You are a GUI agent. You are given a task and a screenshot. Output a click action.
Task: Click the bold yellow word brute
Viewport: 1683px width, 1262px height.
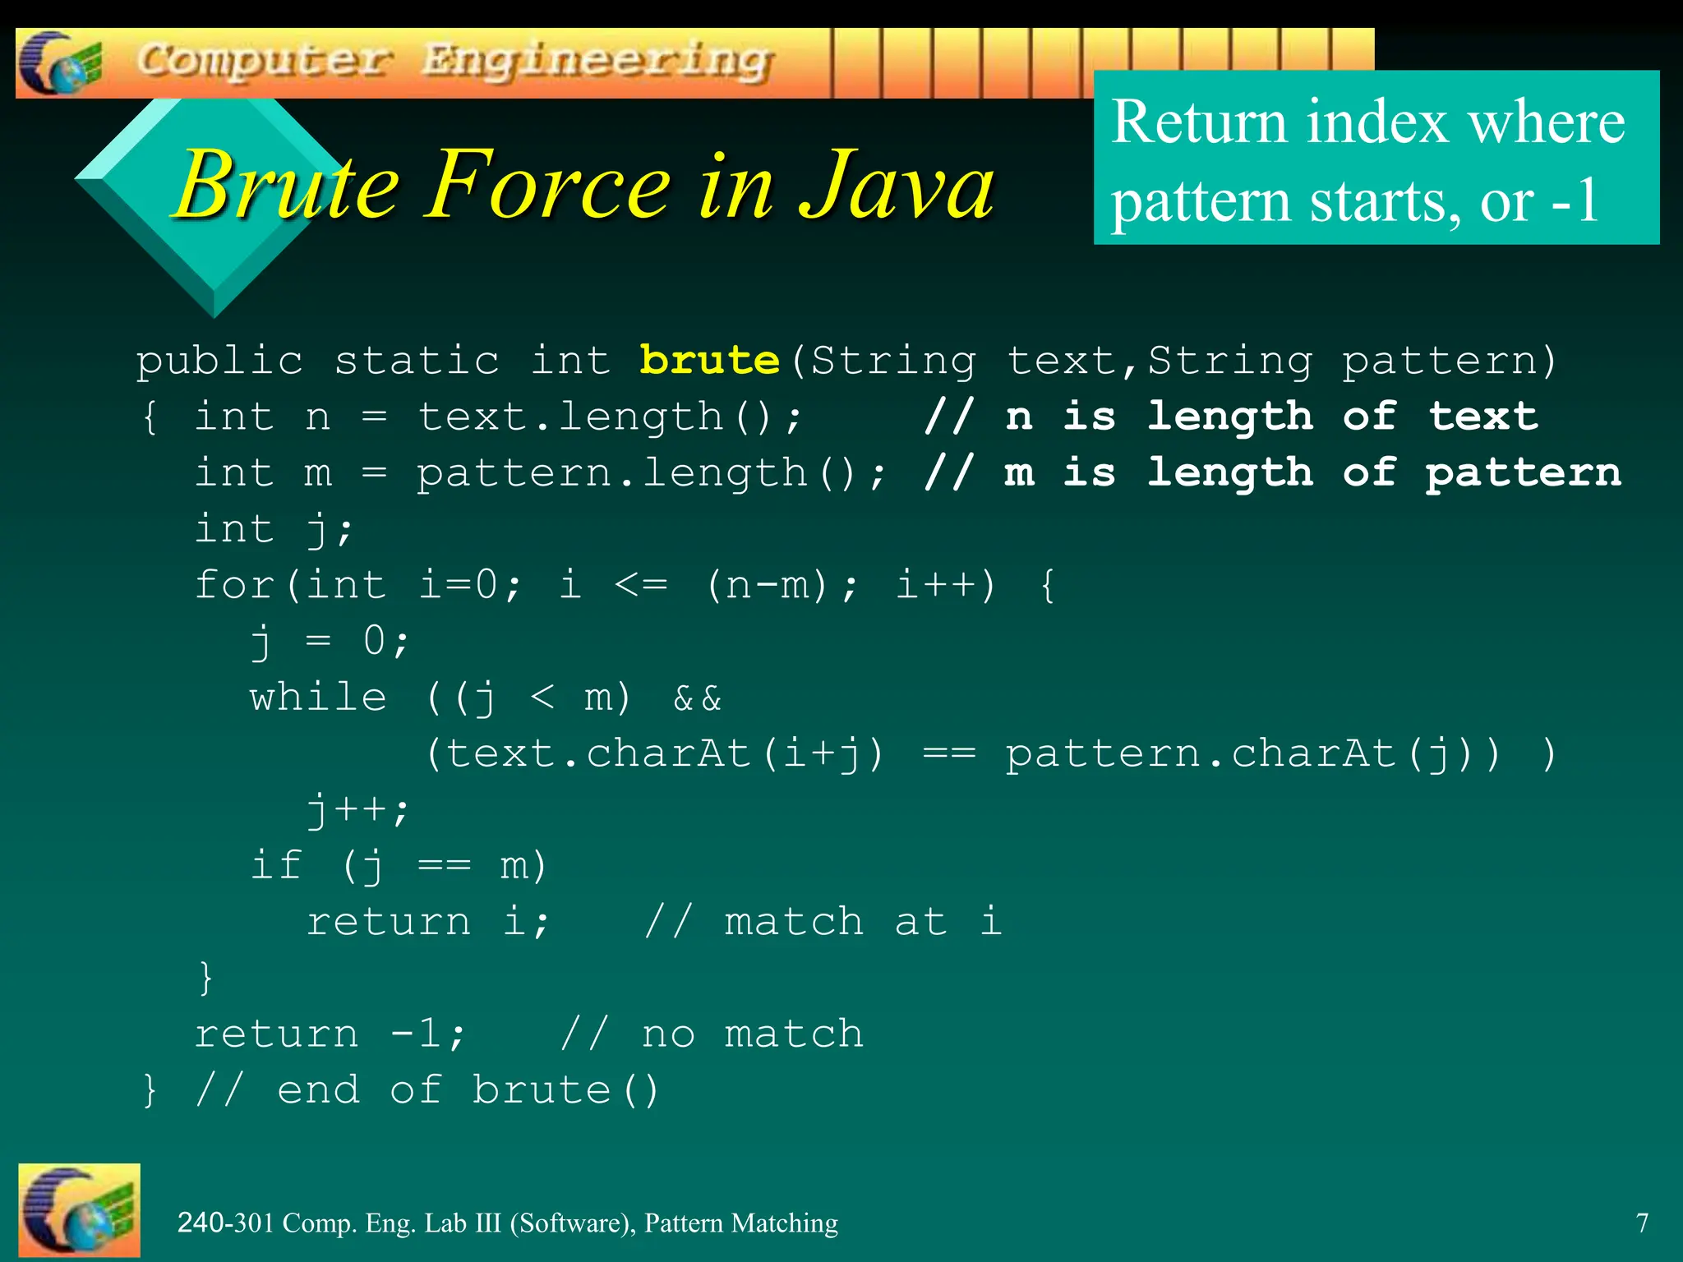[x=709, y=360]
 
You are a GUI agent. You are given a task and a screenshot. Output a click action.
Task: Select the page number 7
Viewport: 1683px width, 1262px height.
[x=1642, y=1223]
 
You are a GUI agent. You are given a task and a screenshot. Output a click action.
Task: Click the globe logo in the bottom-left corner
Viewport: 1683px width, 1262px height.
[x=79, y=1209]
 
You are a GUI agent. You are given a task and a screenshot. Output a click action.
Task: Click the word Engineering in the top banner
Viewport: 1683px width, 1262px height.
[x=597, y=62]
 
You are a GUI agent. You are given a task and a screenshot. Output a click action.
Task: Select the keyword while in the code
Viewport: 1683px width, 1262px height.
[x=318, y=698]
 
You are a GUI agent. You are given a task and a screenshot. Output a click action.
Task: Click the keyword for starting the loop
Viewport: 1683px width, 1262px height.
[x=234, y=585]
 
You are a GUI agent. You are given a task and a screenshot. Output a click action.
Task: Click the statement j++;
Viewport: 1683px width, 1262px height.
[x=357, y=810]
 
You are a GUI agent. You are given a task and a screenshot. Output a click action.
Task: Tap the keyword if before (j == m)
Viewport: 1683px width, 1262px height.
[x=276, y=865]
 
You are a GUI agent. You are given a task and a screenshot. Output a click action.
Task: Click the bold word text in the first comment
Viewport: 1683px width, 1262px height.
[x=1483, y=416]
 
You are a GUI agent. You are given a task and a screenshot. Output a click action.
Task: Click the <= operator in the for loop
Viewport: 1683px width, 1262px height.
[x=641, y=585]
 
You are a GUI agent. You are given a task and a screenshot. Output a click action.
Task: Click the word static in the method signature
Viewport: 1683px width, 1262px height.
[x=417, y=361]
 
